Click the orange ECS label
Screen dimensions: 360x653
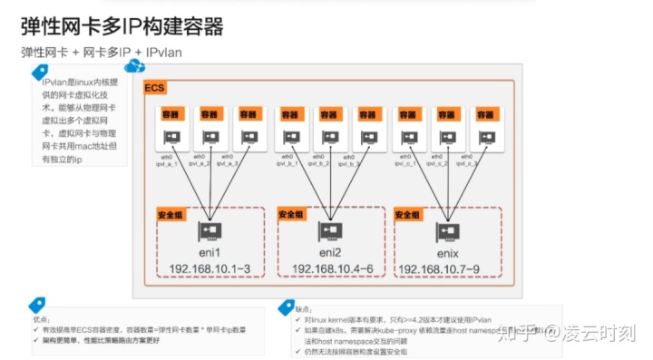pos(154,88)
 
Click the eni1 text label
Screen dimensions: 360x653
pos(211,251)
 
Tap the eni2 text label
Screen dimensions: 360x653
pos(330,251)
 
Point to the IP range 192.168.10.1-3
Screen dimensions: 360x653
pos(211,269)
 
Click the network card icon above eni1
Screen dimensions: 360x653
pos(211,232)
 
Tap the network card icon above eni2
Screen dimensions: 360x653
pos(330,232)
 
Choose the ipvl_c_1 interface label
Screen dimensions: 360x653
pos(406,164)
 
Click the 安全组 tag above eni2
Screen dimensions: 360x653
pos(291,213)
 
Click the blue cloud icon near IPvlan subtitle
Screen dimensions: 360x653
pos(134,66)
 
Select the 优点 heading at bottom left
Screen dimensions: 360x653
pos(41,319)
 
